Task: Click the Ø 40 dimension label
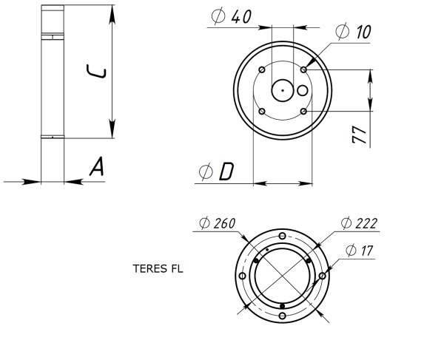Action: point(231,17)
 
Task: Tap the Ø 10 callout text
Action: point(353,32)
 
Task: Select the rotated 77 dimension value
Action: point(358,135)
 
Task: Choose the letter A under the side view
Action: point(96,168)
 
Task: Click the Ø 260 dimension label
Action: point(219,223)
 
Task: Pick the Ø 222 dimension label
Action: point(360,223)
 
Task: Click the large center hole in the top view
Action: point(283,90)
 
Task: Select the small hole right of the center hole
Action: point(303,90)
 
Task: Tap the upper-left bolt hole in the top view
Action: point(262,69)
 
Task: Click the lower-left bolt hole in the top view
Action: point(262,111)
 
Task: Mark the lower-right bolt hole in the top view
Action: point(304,111)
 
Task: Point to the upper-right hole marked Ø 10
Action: point(304,69)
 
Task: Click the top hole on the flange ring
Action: point(282,235)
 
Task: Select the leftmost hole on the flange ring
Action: point(242,276)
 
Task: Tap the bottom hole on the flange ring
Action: point(282,316)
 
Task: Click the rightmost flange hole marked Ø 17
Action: point(323,276)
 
